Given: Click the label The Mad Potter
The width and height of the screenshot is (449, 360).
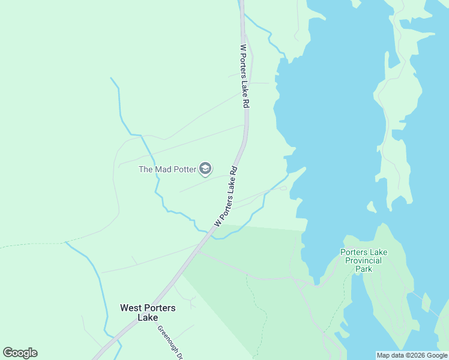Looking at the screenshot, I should click(x=167, y=169).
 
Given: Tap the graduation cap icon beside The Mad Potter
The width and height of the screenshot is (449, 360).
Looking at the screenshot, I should click(x=205, y=169).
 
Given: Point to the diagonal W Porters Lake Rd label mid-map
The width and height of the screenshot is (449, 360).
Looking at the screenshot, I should click(x=226, y=196).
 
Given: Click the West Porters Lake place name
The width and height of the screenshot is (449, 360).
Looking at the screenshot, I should click(x=148, y=313).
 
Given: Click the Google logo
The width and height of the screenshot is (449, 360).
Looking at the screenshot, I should click(x=20, y=353).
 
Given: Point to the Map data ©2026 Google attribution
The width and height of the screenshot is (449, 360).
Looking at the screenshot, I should click(x=412, y=355).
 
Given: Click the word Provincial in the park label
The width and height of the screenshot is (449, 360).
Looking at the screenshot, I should click(x=362, y=260).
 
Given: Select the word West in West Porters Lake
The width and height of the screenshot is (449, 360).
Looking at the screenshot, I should click(x=132, y=308).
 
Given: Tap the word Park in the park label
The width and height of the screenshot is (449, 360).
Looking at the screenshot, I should click(x=363, y=269).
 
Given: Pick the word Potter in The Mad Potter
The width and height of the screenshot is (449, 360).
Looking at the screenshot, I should click(x=181, y=169).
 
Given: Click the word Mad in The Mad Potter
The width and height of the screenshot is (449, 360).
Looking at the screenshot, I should click(x=163, y=169).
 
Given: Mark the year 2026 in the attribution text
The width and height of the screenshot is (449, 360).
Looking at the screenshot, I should click(x=416, y=355).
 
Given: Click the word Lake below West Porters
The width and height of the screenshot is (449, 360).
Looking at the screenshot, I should click(x=148, y=317).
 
